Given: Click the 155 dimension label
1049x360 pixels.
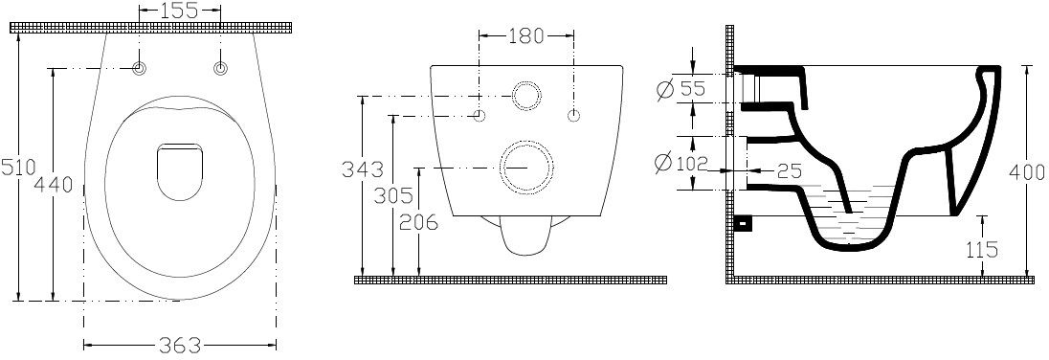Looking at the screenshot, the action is tap(179, 10).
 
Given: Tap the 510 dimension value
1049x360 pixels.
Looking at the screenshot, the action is tap(17, 168).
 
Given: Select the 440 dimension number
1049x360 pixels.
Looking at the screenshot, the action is tap(53, 184).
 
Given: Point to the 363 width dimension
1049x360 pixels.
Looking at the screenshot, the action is tap(179, 346).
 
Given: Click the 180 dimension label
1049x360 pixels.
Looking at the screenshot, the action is tap(525, 35).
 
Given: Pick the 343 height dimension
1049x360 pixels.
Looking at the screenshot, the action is tap(363, 169).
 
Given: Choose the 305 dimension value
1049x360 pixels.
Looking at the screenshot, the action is tap(392, 196).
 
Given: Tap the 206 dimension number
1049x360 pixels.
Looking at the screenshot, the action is tap(418, 222).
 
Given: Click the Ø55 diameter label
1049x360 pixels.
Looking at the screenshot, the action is tap(681, 88).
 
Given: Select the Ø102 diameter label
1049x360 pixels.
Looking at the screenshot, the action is tap(681, 162).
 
